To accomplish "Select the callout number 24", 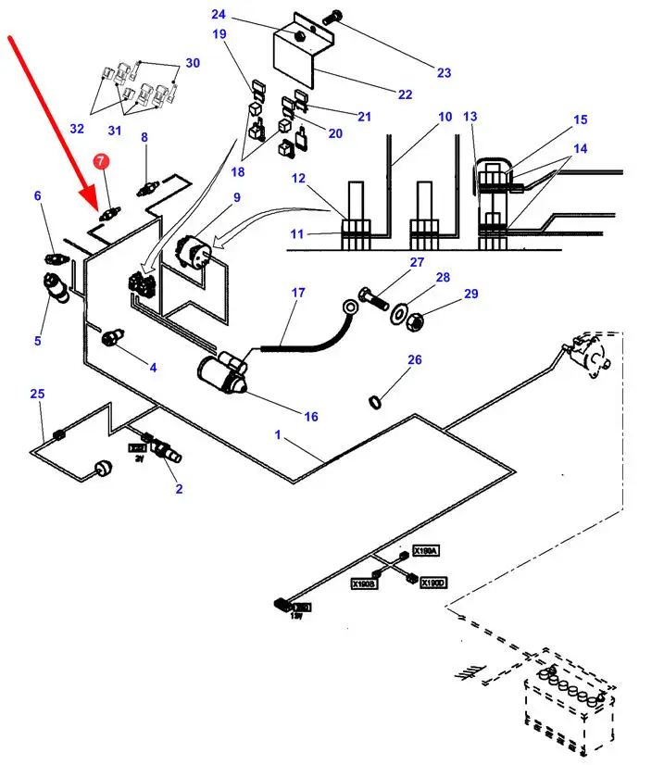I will (219, 14).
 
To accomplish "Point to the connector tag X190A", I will (426, 551).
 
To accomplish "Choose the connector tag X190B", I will (363, 584).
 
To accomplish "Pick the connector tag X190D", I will (432, 583).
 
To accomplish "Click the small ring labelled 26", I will (375, 400).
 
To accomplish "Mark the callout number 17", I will (298, 293).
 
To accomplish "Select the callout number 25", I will (37, 395).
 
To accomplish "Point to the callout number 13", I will (470, 117).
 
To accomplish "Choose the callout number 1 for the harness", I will (277, 435).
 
